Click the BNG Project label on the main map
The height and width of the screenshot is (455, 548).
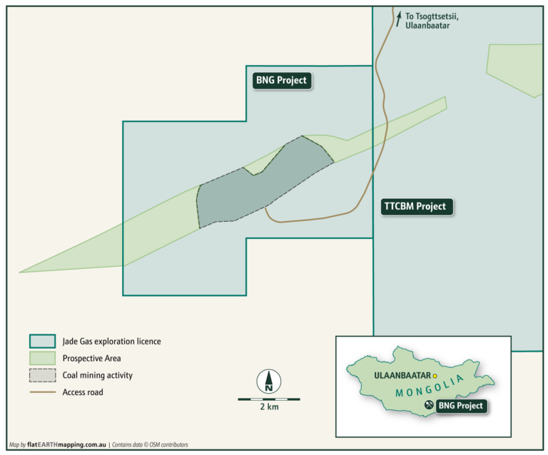[281, 81]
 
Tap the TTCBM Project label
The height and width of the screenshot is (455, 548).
[414, 207]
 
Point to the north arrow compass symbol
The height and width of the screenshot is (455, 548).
[269, 381]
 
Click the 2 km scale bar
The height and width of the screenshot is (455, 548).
[269, 399]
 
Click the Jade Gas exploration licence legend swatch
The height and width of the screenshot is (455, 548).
[42, 341]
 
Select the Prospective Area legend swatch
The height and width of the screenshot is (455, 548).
[42, 358]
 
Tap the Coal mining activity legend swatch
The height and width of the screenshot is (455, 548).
[42, 375]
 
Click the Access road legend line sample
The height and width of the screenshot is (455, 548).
[42, 392]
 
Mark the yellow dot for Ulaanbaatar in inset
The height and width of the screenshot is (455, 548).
[435, 376]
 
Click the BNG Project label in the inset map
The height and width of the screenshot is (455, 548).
[461, 407]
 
